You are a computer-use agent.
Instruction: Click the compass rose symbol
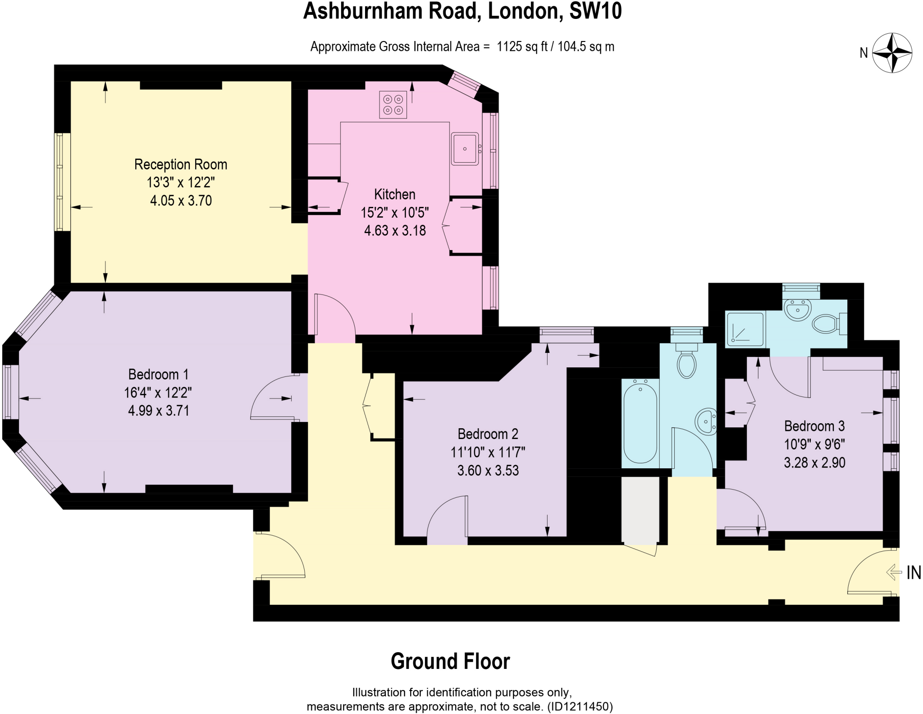pyautogui.click(x=892, y=53)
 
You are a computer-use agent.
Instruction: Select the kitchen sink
pyautogui.click(x=465, y=149)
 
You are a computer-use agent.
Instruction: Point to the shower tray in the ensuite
pyautogui.click(x=744, y=329)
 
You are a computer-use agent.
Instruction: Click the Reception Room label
pyautogui.click(x=181, y=165)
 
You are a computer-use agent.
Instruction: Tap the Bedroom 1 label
pyautogui.click(x=158, y=375)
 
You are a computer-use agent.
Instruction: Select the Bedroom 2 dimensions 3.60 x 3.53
pyautogui.click(x=488, y=471)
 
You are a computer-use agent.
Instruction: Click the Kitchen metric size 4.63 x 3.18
pyautogui.click(x=395, y=231)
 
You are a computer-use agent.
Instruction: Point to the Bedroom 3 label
pyautogui.click(x=814, y=426)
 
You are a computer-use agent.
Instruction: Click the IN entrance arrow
pyautogui.click(x=893, y=572)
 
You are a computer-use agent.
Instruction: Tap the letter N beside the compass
pyautogui.click(x=864, y=53)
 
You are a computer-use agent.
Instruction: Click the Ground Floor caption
pyautogui.click(x=450, y=661)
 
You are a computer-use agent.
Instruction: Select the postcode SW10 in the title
pyautogui.click(x=595, y=11)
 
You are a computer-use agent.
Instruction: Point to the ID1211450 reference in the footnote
pyautogui.click(x=580, y=706)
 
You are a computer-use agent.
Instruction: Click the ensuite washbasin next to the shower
pyautogui.click(x=798, y=310)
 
